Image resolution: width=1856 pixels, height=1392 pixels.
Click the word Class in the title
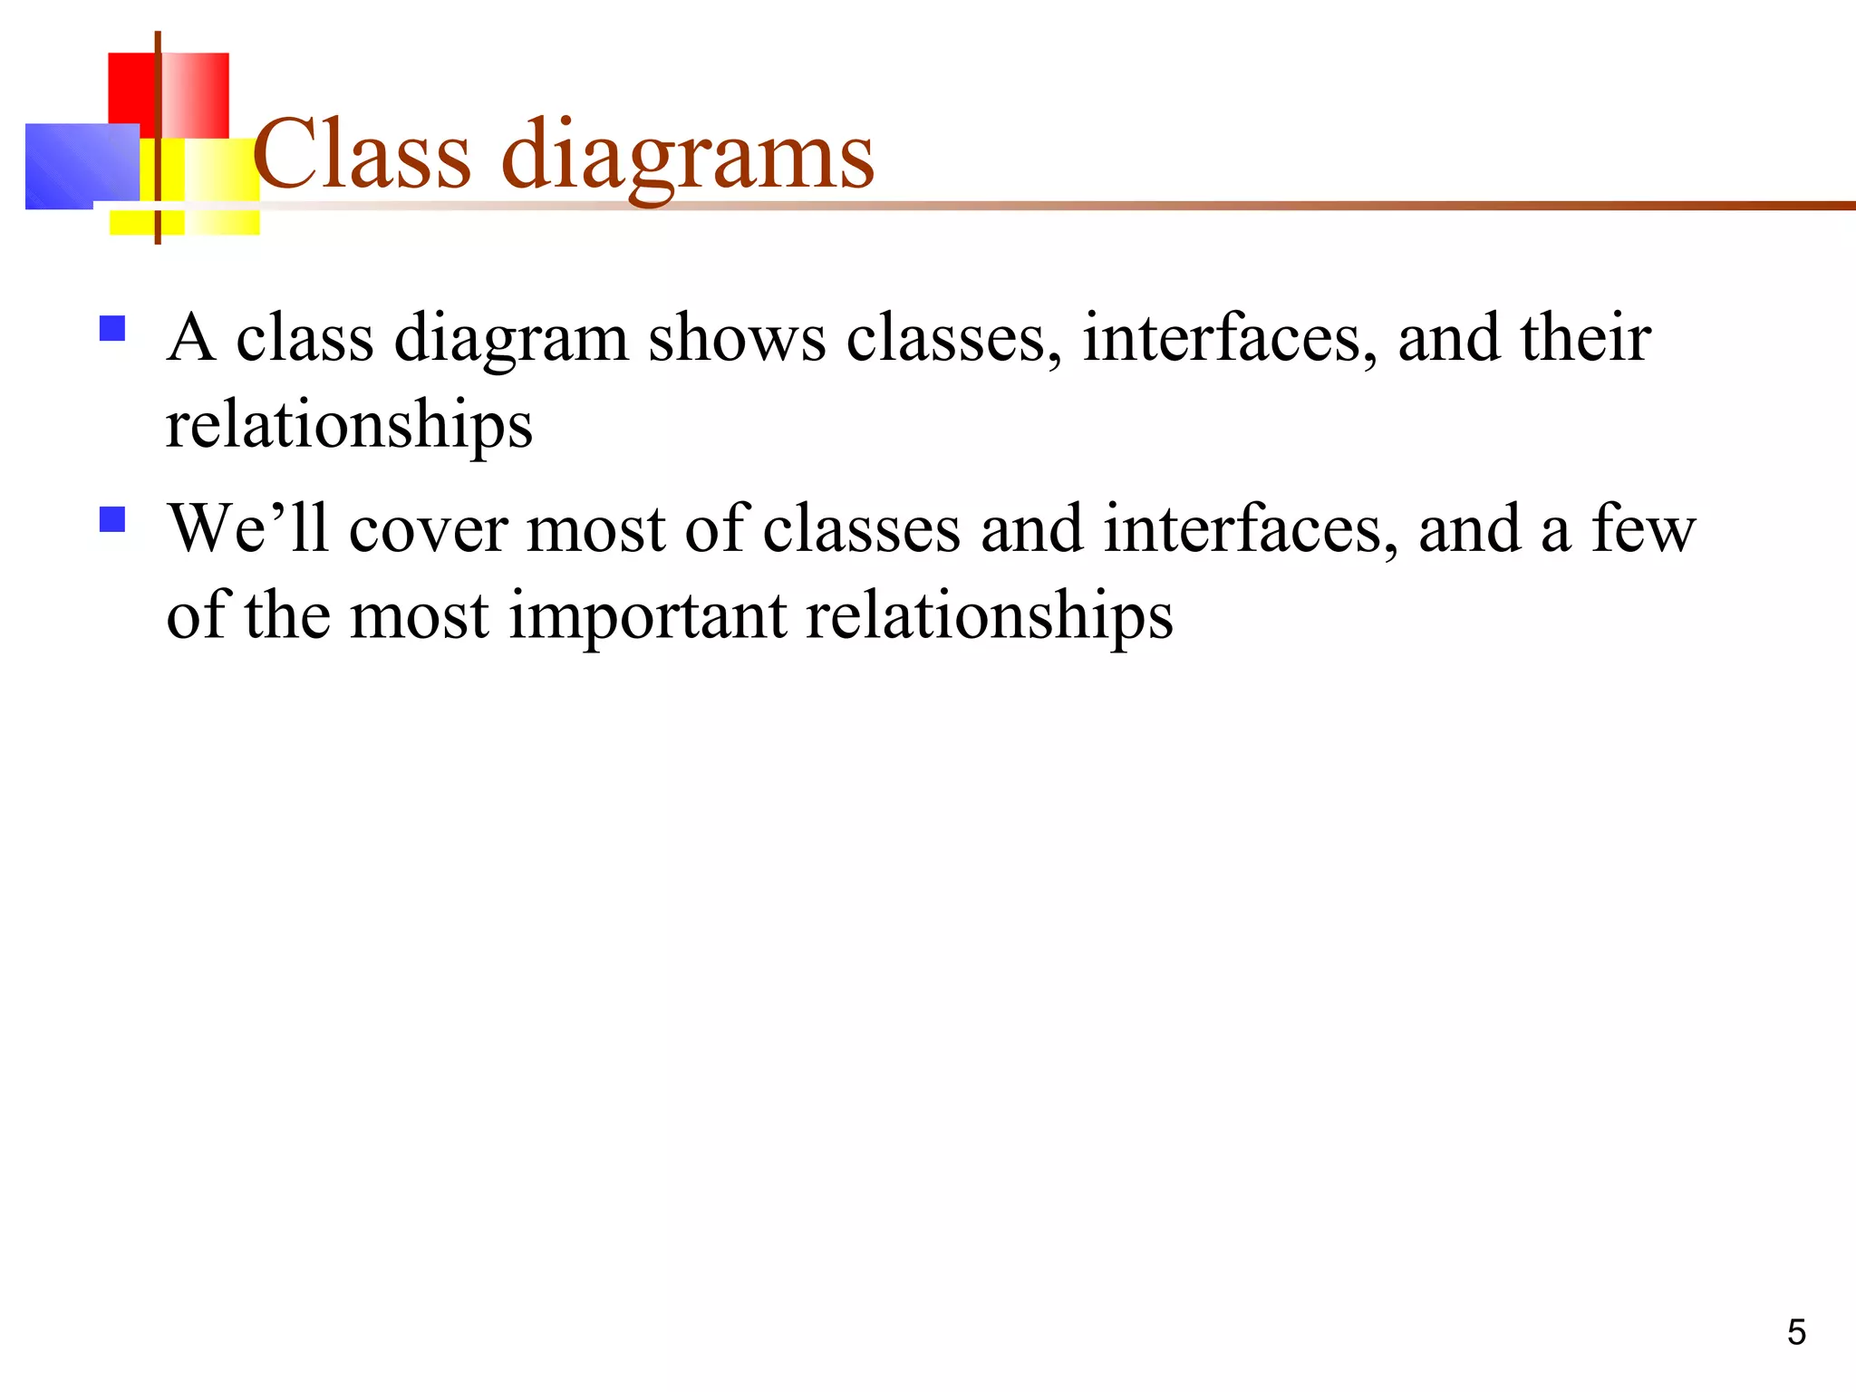(362, 155)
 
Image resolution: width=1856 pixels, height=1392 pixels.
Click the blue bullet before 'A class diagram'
(112, 328)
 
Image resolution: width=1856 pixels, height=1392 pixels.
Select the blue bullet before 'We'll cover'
(112, 519)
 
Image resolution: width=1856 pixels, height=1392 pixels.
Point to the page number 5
(1796, 1332)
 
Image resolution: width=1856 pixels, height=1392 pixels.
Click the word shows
(736, 338)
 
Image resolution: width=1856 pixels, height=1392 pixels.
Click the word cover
(428, 530)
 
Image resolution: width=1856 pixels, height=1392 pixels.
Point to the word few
(1643, 530)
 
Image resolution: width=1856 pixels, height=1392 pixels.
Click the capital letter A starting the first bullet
(191, 338)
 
